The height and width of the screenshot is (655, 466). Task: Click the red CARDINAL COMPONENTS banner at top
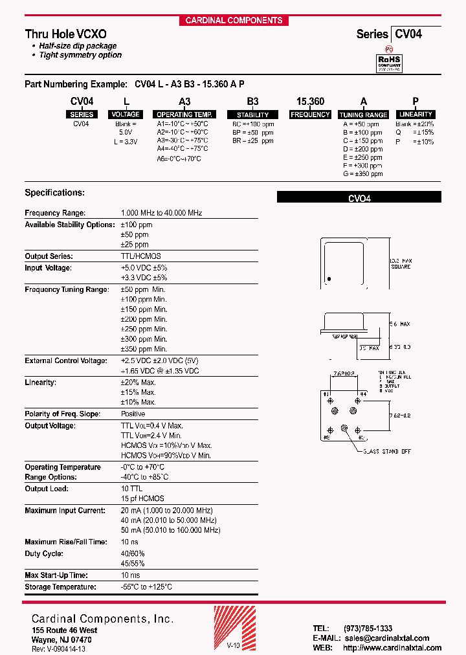234,20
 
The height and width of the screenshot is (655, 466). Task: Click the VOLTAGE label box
126,115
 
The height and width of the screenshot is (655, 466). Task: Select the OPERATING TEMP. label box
184,115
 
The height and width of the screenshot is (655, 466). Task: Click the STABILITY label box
252,115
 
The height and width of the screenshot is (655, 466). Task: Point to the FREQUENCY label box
310,115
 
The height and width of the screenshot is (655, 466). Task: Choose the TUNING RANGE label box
363,115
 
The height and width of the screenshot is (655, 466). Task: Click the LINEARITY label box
416,115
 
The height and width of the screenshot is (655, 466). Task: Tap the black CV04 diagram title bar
359,197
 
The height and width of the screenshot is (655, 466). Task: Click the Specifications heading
54,193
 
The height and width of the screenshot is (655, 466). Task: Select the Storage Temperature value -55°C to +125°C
146,587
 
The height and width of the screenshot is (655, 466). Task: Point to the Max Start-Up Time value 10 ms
130,575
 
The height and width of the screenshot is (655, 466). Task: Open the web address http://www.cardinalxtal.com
392,648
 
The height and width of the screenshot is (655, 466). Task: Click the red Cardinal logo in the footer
227,628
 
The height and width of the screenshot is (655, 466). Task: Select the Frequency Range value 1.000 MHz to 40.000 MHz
161,213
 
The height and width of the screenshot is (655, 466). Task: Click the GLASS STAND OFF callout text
386,451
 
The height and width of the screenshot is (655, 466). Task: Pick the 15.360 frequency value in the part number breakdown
310,102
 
